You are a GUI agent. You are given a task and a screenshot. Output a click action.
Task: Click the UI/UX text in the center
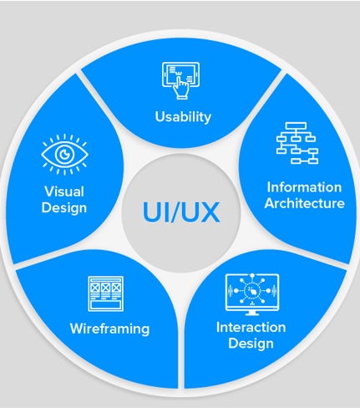click(x=181, y=212)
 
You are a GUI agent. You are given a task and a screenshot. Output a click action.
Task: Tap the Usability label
click(x=183, y=117)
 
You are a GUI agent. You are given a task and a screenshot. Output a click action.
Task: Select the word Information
click(x=304, y=187)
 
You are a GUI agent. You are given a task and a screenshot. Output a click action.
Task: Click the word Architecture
click(x=305, y=203)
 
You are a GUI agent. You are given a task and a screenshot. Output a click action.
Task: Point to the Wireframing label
click(x=109, y=329)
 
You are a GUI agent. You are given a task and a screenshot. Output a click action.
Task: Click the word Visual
click(x=64, y=191)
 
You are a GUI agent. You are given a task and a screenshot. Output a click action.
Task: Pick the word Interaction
click(x=251, y=327)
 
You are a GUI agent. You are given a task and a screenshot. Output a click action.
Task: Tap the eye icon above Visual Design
click(x=64, y=155)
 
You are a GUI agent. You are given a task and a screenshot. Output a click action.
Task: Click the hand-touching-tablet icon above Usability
click(x=180, y=80)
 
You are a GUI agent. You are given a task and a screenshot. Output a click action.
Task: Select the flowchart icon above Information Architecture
click(x=297, y=143)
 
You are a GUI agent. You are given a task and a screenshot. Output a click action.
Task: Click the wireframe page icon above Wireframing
click(x=106, y=293)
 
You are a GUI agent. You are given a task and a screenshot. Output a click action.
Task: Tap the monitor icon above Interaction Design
click(x=252, y=294)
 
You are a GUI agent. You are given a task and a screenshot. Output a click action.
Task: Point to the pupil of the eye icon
click(x=64, y=154)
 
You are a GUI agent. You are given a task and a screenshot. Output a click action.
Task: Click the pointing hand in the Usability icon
click(x=180, y=87)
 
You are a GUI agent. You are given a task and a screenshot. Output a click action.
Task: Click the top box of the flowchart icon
click(x=296, y=125)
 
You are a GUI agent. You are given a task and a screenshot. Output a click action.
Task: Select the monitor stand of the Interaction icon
click(x=252, y=313)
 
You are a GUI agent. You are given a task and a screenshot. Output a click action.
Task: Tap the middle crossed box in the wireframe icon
click(x=106, y=288)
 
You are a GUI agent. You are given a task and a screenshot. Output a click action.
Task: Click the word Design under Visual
click(x=64, y=208)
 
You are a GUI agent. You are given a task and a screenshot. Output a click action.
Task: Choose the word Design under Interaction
click(x=251, y=344)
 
